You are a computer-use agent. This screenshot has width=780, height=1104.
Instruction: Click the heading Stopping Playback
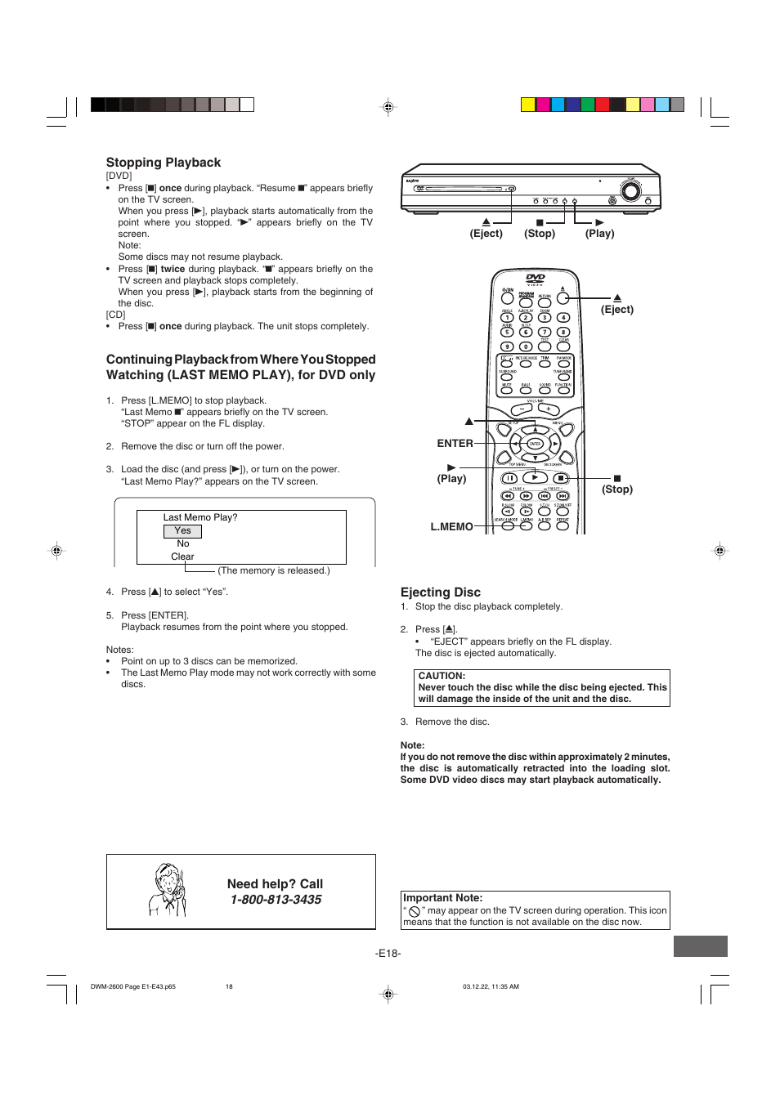point(164,163)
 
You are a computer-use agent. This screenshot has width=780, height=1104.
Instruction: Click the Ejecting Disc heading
point(440,592)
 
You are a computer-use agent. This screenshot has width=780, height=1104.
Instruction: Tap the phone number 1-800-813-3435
point(276,900)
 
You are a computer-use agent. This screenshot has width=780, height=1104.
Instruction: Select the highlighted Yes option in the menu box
point(182,531)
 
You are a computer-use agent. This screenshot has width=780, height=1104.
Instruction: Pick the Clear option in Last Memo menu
point(182,556)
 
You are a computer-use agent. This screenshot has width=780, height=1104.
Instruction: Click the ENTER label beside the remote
point(455,444)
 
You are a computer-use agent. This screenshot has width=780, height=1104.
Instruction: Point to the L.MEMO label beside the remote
point(451,527)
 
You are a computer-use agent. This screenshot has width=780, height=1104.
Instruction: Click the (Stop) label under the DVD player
point(540,234)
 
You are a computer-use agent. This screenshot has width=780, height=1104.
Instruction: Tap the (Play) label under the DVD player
point(599,234)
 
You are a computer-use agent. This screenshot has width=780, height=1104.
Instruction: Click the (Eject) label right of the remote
point(617,310)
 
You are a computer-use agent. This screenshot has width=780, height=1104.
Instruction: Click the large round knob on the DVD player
point(630,191)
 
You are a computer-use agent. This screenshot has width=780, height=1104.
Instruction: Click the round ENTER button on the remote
point(536,444)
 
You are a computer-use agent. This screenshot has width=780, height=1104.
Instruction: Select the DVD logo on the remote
point(536,279)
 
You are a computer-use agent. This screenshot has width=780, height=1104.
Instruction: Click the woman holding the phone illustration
point(169,891)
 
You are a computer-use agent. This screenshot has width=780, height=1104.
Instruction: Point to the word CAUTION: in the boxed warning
point(442,676)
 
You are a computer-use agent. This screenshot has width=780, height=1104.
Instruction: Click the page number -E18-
point(388,954)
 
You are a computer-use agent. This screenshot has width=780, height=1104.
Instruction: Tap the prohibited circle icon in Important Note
point(415,912)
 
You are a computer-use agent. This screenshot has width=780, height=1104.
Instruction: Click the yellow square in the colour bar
point(528,105)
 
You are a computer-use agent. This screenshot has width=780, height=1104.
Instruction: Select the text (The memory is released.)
point(274,571)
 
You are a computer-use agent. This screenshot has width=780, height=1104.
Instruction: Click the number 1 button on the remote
point(507,318)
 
